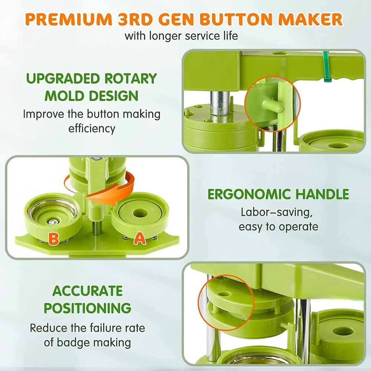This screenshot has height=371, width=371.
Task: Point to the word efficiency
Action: click(x=92, y=128)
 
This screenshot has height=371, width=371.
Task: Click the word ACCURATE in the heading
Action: click(x=88, y=291)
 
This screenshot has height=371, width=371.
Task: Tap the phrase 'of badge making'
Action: click(x=88, y=342)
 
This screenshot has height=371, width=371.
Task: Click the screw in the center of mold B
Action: click(x=52, y=222)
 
